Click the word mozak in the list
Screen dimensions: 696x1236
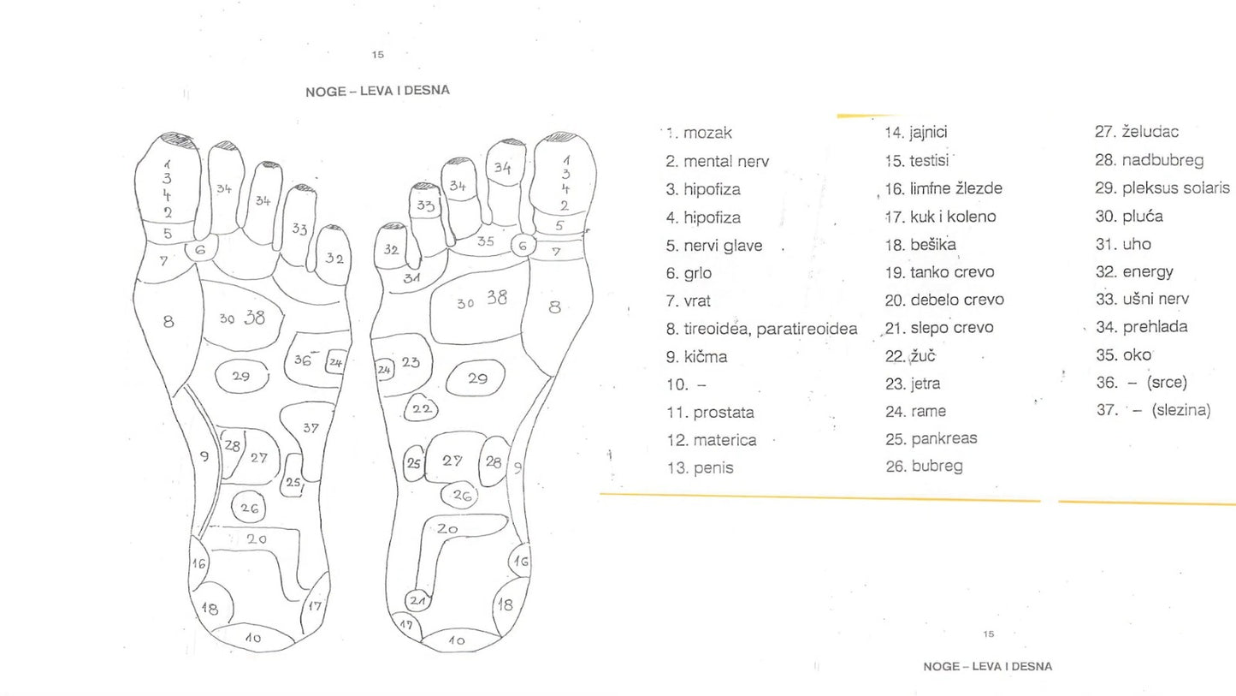(x=707, y=134)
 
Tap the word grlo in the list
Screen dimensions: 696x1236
(x=697, y=273)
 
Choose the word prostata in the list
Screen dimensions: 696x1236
(x=724, y=413)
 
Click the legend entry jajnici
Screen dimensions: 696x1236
(x=928, y=133)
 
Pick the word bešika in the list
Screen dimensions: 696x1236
(x=933, y=245)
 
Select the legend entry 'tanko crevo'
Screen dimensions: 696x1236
(x=952, y=272)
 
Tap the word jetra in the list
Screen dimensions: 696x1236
(x=926, y=384)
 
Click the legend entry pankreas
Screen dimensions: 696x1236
(x=943, y=438)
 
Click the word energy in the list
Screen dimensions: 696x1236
(x=1148, y=272)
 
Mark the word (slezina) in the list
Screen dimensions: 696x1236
(x=1181, y=410)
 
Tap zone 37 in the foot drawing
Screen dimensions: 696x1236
(x=310, y=428)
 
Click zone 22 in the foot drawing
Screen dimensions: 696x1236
(x=421, y=409)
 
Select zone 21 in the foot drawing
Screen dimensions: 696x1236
(x=417, y=600)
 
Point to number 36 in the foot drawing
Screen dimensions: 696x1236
(x=303, y=360)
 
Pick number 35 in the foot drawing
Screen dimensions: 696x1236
(x=485, y=241)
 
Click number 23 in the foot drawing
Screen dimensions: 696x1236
(x=411, y=362)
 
